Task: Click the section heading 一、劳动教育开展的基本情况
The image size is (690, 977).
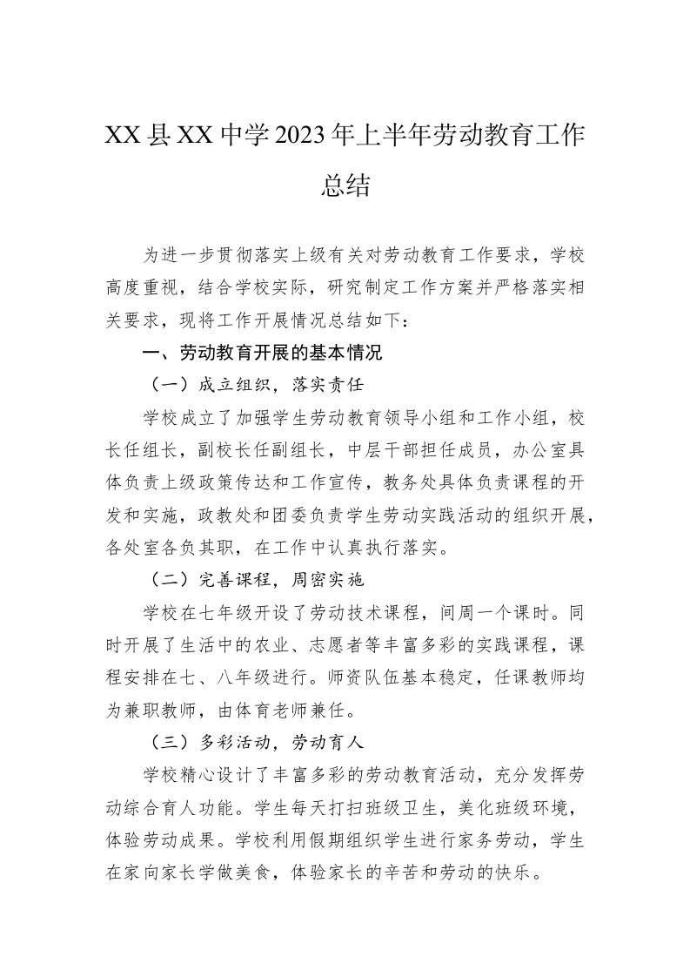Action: click(263, 354)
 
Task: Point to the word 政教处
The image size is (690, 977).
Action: click(211, 515)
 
